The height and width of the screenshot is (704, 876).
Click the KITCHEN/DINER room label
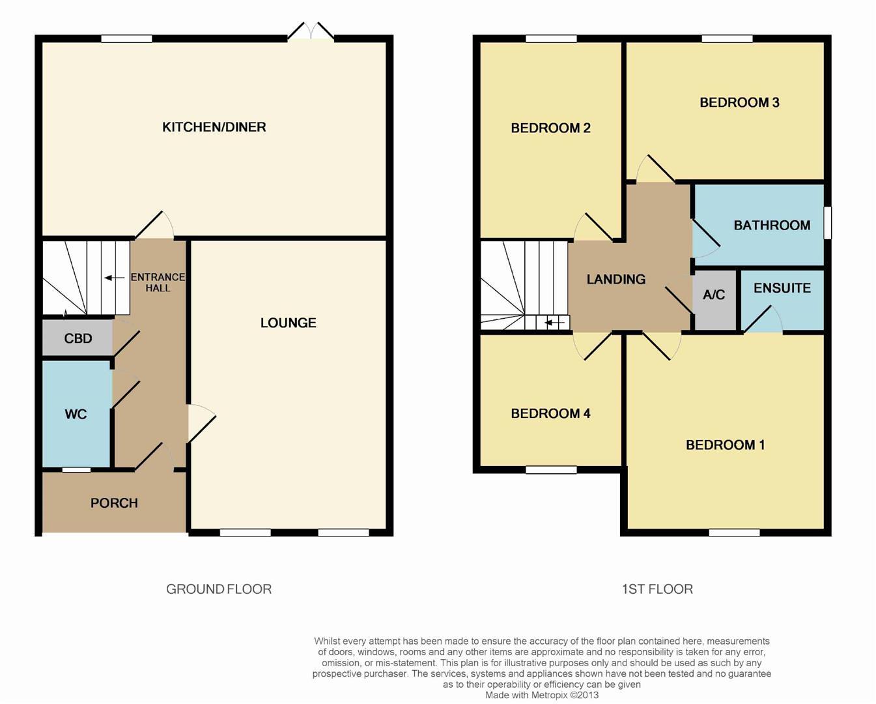point(214,127)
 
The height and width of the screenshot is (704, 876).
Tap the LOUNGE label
point(288,323)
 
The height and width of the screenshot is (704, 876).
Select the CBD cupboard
point(78,338)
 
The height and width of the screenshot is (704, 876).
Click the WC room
point(77,414)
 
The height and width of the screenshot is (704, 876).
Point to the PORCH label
point(114,503)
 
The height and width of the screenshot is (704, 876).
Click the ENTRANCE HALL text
point(158,282)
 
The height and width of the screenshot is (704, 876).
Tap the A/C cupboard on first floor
point(714,300)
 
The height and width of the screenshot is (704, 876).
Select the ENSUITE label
point(782,288)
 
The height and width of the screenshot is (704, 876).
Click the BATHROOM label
point(772,226)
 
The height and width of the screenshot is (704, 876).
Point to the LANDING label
point(616,279)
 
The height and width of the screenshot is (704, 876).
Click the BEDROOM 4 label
point(550,413)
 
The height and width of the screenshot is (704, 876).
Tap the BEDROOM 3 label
point(739,103)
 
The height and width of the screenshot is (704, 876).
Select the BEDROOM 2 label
point(550,128)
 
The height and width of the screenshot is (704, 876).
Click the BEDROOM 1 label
point(725,445)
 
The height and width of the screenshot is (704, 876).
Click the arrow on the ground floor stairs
point(115,278)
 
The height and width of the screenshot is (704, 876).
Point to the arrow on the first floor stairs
point(554,323)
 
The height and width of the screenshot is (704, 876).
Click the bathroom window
point(828,222)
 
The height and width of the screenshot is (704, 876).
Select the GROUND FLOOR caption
point(219,589)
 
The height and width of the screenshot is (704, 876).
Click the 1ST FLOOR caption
point(657,589)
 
